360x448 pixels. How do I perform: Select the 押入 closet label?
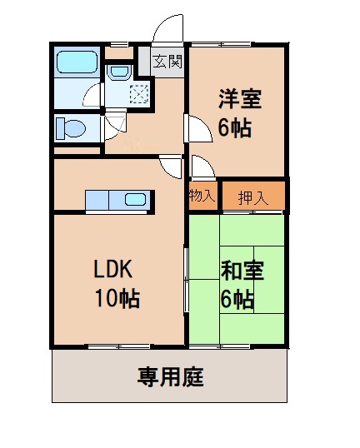point(254,197)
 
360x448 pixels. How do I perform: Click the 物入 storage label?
point(202,197)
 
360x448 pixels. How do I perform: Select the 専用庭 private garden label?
point(170,376)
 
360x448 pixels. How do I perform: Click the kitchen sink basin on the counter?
point(137,200)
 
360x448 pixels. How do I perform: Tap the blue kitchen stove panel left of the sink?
point(97,200)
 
